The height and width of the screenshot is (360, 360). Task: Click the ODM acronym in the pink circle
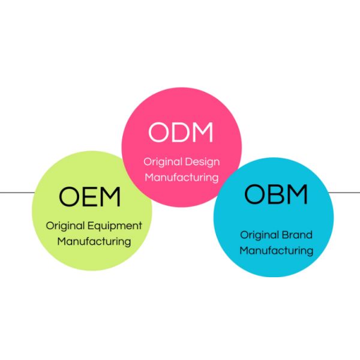[181, 133]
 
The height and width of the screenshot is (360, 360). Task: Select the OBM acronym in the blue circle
[276, 194]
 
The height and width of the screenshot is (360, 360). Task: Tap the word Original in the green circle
[66, 226]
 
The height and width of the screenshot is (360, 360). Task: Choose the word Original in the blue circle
[260, 235]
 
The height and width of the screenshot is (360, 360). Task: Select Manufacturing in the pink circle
[181, 178]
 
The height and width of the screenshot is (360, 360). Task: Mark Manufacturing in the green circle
[94, 242]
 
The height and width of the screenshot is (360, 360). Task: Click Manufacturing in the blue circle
[276, 250]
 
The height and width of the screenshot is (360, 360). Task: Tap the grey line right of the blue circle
[344, 193]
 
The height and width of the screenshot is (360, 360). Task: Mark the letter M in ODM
[202, 133]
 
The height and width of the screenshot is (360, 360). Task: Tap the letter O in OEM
[70, 196]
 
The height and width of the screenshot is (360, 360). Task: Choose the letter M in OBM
[297, 194]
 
